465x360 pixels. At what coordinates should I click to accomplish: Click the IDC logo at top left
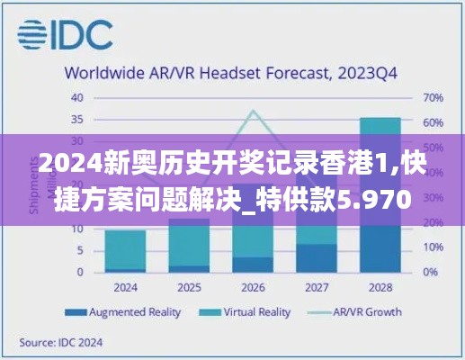click(65, 34)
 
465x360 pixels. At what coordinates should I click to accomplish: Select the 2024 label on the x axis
click(125, 288)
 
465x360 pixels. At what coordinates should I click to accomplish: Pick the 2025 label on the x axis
click(189, 288)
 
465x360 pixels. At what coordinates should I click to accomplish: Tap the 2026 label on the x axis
click(253, 288)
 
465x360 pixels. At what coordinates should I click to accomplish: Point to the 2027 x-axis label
click(317, 288)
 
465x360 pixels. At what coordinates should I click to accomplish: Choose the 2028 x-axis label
click(380, 288)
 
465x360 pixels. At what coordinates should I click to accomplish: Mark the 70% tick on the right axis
click(432, 97)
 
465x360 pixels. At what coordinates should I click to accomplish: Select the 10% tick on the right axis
click(432, 247)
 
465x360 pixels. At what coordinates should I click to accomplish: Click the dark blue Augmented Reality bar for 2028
click(380, 248)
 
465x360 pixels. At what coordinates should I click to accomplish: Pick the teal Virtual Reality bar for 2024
click(125, 249)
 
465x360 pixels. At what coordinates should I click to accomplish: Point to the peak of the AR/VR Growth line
click(253, 112)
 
